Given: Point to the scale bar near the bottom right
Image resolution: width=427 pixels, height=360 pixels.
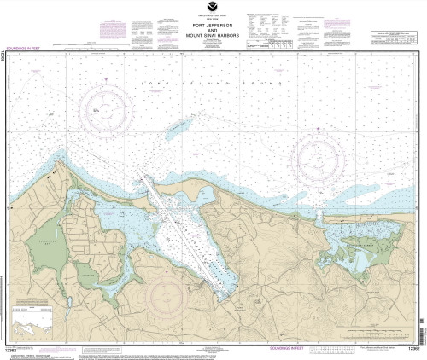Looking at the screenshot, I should point(333,350).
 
